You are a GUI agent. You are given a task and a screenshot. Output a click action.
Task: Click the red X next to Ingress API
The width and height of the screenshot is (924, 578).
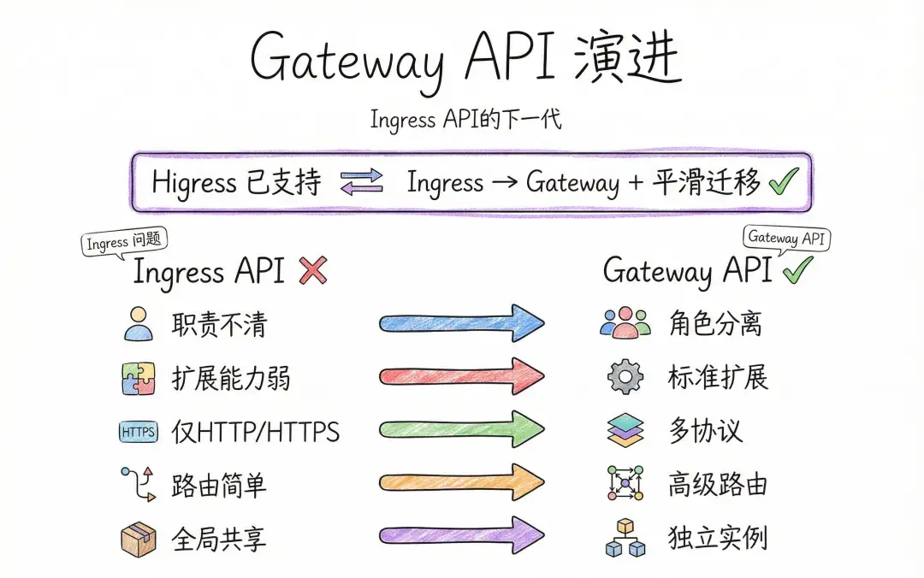click(x=313, y=271)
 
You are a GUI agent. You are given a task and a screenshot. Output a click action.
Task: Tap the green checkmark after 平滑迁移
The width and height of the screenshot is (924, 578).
click(x=784, y=182)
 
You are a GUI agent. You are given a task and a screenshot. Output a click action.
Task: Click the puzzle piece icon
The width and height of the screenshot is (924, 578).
click(x=139, y=378)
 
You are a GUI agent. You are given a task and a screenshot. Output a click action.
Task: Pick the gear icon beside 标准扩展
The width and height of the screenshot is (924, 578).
click(x=625, y=376)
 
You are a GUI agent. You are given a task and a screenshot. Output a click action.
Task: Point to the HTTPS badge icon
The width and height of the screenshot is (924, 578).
click(x=139, y=432)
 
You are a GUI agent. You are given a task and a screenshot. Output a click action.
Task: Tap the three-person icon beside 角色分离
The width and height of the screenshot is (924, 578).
click(x=625, y=322)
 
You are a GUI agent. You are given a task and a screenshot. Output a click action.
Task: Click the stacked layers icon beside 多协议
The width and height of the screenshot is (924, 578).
click(x=625, y=430)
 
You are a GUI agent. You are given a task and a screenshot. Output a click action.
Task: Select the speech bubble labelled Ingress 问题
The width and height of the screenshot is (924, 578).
click(x=124, y=243)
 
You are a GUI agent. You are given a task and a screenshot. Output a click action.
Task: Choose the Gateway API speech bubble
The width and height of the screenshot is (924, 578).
click(x=786, y=238)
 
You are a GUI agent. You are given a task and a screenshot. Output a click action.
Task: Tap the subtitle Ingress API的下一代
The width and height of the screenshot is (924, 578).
click(x=465, y=120)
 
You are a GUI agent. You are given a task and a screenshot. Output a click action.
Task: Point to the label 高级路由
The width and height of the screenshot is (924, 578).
click(x=718, y=484)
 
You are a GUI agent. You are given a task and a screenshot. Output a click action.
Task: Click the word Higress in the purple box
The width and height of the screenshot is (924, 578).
click(x=194, y=183)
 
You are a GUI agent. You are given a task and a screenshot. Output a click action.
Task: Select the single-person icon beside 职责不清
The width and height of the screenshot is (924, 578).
click(x=139, y=324)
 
